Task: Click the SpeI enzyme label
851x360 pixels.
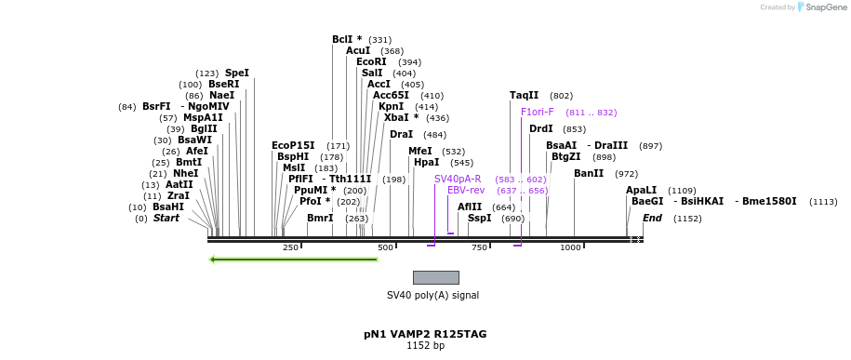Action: click(x=237, y=73)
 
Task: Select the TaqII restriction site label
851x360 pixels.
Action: click(x=524, y=95)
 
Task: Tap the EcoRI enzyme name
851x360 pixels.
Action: click(x=371, y=61)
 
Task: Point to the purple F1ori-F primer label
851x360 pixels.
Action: click(x=538, y=112)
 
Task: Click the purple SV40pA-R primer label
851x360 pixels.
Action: click(x=458, y=179)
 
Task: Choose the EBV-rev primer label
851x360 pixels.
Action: click(x=466, y=190)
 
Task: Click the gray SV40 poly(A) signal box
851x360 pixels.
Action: click(x=435, y=277)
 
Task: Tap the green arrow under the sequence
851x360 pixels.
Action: click(x=293, y=260)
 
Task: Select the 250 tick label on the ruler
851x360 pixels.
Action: click(x=290, y=247)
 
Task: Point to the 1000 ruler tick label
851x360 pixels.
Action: click(x=570, y=247)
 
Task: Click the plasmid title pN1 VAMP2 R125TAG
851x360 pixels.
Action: click(x=425, y=334)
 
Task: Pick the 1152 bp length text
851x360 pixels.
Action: click(x=425, y=346)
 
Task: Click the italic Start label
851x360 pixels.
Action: click(x=166, y=218)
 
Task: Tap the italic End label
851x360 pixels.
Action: click(x=652, y=218)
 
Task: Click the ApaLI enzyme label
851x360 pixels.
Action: click(x=642, y=190)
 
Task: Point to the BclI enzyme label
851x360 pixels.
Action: click(x=347, y=39)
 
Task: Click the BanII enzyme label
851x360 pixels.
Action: click(x=589, y=173)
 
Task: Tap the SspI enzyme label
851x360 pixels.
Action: click(x=479, y=218)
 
